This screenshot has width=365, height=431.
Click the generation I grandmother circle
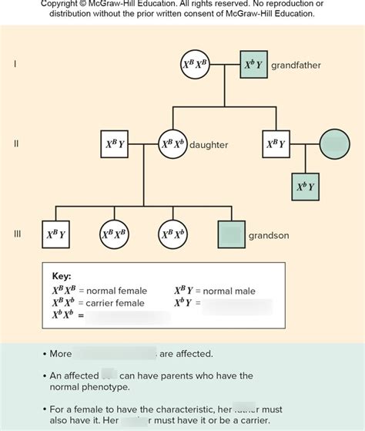pos(193,66)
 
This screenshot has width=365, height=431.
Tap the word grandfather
pos(296,66)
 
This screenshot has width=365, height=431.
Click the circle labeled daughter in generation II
pos(172,144)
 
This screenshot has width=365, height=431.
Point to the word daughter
pos(209,145)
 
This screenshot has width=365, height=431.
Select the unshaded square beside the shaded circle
pos(276,144)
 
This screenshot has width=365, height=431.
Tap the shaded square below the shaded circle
pos(306,187)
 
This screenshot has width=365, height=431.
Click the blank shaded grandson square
pos(231,234)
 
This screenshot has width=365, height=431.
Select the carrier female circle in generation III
pos(172,234)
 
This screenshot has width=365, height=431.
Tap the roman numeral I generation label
pos(15,65)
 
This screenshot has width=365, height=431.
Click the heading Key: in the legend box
pos(61,277)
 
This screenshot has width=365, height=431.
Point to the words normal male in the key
pos(229,291)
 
